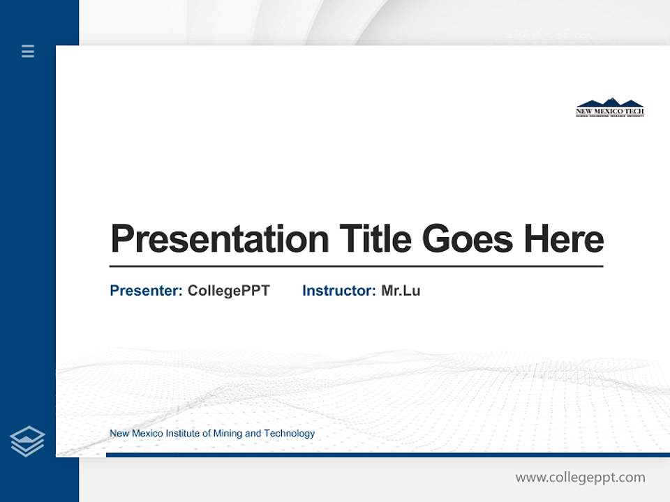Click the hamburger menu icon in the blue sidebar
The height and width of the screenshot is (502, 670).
point(28,51)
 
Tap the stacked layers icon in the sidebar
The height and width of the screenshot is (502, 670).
point(27,441)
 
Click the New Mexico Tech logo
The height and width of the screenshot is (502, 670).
point(609,107)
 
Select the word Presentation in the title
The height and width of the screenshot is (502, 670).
point(219,239)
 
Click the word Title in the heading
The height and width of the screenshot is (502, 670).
point(375,238)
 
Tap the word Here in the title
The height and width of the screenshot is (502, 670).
point(563,238)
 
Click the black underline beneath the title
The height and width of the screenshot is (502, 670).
point(356,266)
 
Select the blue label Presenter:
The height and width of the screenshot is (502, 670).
point(146,291)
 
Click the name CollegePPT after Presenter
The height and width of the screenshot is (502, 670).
point(228,291)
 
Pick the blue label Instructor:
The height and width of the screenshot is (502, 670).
point(338,291)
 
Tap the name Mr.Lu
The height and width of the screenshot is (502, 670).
point(401,291)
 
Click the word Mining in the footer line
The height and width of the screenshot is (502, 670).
point(228,434)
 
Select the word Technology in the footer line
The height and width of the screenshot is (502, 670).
point(289,434)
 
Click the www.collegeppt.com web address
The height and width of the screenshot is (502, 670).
point(580,478)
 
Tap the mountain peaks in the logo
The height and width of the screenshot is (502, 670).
point(609,102)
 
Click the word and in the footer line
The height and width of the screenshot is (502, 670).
point(253,434)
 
